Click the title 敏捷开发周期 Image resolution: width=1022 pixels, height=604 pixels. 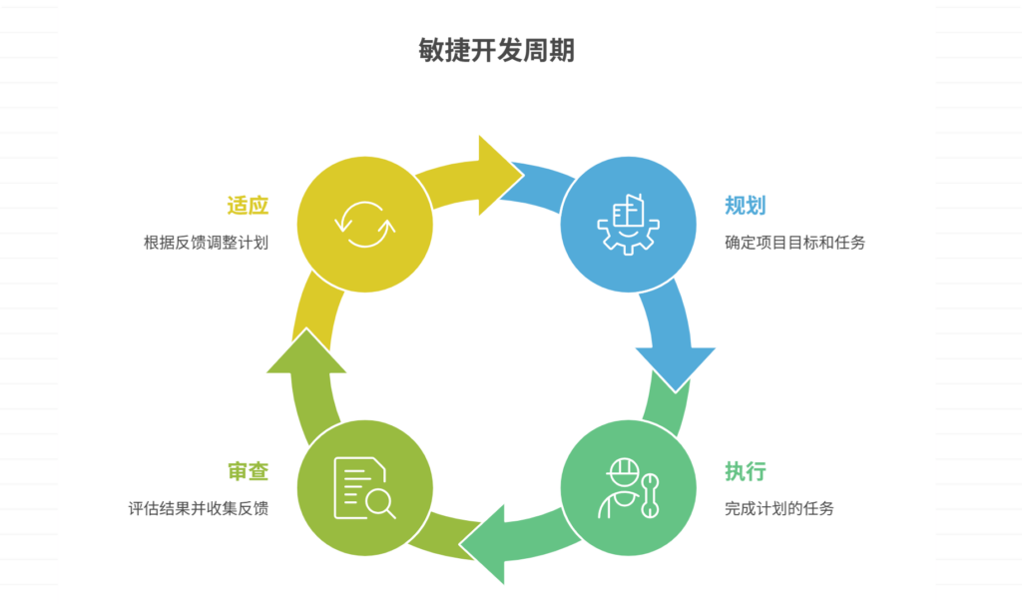(x=496, y=50)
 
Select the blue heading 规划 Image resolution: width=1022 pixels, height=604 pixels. (x=745, y=207)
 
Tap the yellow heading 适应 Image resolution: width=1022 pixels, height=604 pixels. (x=249, y=207)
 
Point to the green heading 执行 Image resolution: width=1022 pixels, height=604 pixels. (x=745, y=472)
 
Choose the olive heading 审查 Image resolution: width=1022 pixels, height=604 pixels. (x=249, y=472)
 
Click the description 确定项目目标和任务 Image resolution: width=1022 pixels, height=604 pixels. (x=794, y=243)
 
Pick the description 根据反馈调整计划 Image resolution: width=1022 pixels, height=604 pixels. (x=207, y=243)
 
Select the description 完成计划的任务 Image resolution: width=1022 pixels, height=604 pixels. (x=779, y=508)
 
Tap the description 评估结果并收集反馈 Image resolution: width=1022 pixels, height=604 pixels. (x=199, y=508)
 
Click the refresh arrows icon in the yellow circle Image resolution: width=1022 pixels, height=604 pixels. (x=365, y=225)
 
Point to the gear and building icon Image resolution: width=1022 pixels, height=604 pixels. (x=627, y=225)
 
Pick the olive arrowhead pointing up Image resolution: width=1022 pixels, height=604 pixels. (x=306, y=353)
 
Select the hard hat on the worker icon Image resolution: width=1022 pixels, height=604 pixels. (x=623, y=468)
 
